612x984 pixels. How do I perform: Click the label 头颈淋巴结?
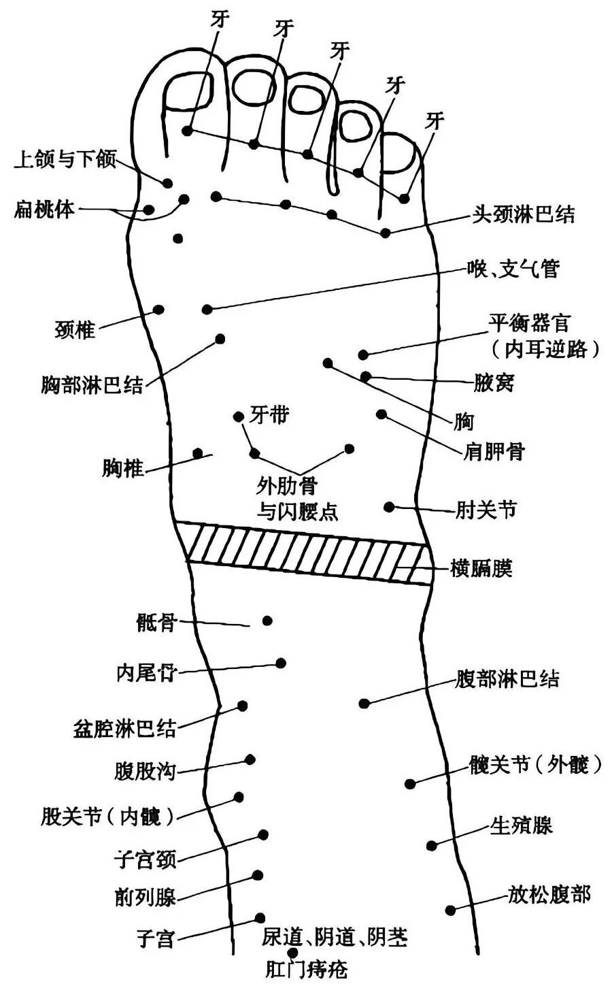(523, 215)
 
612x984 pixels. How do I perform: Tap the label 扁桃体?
(44, 209)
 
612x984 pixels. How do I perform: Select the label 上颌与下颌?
(65, 159)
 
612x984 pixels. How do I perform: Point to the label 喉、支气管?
(513, 268)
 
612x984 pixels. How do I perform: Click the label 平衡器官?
(530, 323)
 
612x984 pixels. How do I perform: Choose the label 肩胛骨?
(494, 450)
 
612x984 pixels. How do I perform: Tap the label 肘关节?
(486, 510)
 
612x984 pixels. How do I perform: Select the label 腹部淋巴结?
(507, 678)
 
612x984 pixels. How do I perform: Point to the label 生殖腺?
(521, 825)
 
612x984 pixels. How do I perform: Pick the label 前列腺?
(146, 896)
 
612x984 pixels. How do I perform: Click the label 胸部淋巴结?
(92, 384)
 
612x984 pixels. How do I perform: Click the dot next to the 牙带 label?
(239, 416)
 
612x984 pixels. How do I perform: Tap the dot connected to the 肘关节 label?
(389, 507)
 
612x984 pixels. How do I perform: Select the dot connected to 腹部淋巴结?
(364, 704)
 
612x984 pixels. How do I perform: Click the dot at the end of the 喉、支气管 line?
(207, 310)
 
